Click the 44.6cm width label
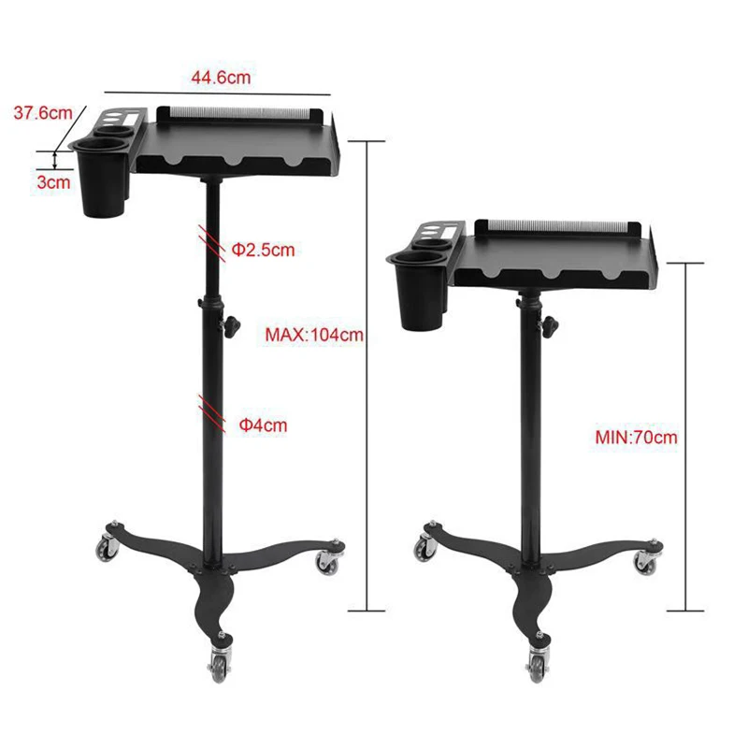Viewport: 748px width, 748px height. (221, 78)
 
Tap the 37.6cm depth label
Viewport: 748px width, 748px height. (43, 113)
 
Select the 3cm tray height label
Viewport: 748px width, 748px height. (54, 182)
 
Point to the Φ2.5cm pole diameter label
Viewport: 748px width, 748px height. (263, 250)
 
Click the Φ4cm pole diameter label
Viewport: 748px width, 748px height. (263, 425)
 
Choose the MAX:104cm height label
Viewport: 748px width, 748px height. (314, 335)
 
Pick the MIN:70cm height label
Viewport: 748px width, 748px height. (636, 437)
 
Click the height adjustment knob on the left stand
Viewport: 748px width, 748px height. (232, 325)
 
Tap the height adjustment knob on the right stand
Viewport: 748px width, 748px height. (550, 326)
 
